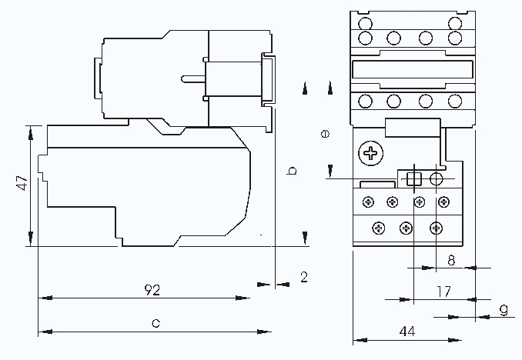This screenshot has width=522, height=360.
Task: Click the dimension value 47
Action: (x=22, y=183)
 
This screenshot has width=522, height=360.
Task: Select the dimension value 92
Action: (x=153, y=290)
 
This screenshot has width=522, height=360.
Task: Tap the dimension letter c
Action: (x=155, y=324)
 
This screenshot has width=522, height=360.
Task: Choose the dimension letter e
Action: (x=325, y=133)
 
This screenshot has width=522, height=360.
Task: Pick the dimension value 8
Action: (x=451, y=260)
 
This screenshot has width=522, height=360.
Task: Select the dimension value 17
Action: (x=443, y=292)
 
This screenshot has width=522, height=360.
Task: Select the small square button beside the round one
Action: (x=414, y=180)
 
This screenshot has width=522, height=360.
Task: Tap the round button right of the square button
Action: (x=437, y=180)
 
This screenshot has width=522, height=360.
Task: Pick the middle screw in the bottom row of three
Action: (x=407, y=227)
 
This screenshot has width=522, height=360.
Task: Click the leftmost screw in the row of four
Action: (x=369, y=202)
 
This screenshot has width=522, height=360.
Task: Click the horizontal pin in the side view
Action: (x=192, y=78)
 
